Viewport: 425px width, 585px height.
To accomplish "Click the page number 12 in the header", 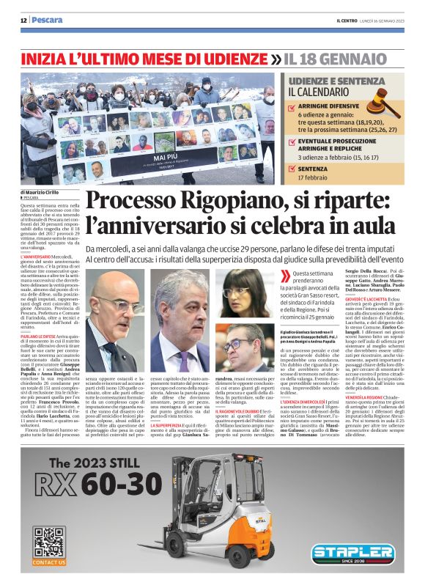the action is point(23,20).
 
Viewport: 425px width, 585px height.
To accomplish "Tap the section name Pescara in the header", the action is point(48,20).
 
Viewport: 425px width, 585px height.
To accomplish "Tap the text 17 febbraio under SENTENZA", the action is point(319,178).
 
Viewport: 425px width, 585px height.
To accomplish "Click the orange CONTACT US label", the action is point(49,562).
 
